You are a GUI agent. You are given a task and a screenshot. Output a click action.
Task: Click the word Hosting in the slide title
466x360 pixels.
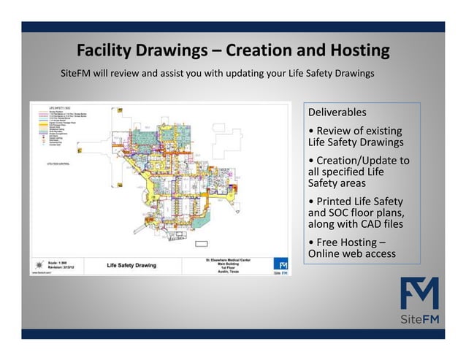pyautogui.click(x=354, y=51)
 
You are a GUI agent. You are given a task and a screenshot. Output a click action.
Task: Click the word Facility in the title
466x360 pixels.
pyautogui.click(x=108, y=51)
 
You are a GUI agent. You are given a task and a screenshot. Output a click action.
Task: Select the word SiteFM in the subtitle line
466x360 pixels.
pyautogui.click(x=75, y=74)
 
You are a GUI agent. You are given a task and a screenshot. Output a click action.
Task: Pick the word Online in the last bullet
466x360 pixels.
pyautogui.click(x=326, y=254)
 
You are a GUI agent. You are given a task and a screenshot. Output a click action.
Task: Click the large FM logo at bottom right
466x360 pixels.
pyautogui.click(x=419, y=294)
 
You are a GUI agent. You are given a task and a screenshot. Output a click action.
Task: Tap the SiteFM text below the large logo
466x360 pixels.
pyautogui.click(x=419, y=320)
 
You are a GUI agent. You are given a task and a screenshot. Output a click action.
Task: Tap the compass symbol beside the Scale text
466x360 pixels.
pyautogui.click(x=37, y=264)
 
